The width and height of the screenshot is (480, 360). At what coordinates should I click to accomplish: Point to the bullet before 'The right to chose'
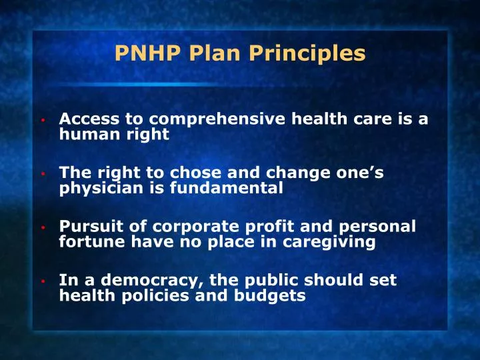42,175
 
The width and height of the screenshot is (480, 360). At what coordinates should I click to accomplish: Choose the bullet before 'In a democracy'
42,282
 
